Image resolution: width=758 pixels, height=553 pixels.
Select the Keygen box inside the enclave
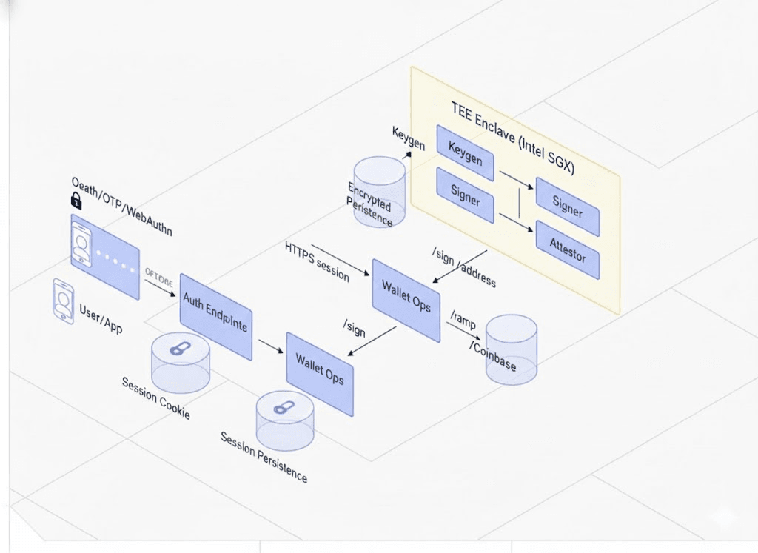click(x=465, y=153)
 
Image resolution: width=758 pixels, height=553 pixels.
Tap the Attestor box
click(x=567, y=249)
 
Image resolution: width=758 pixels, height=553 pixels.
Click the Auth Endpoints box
click(x=215, y=316)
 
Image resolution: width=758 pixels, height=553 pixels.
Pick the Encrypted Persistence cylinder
click(x=379, y=191)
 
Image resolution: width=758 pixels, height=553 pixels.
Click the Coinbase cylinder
click(x=511, y=349)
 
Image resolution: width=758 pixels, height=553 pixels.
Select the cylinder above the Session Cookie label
click(x=180, y=362)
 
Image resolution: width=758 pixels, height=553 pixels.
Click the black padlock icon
click(x=76, y=200)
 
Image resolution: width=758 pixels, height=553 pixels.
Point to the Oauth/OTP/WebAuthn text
click(x=122, y=207)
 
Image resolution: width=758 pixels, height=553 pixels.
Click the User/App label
click(x=101, y=316)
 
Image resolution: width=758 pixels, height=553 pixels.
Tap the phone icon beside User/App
click(x=63, y=301)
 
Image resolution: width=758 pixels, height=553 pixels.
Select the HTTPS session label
click(x=317, y=261)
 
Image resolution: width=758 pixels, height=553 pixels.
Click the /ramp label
click(x=463, y=320)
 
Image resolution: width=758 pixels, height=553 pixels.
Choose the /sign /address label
click(x=463, y=268)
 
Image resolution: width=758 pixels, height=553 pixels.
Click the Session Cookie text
click(x=156, y=398)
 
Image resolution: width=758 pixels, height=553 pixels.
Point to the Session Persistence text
click(x=264, y=457)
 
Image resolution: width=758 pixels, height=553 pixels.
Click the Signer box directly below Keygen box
click(x=465, y=195)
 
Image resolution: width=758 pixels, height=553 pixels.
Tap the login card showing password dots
click(x=104, y=256)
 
